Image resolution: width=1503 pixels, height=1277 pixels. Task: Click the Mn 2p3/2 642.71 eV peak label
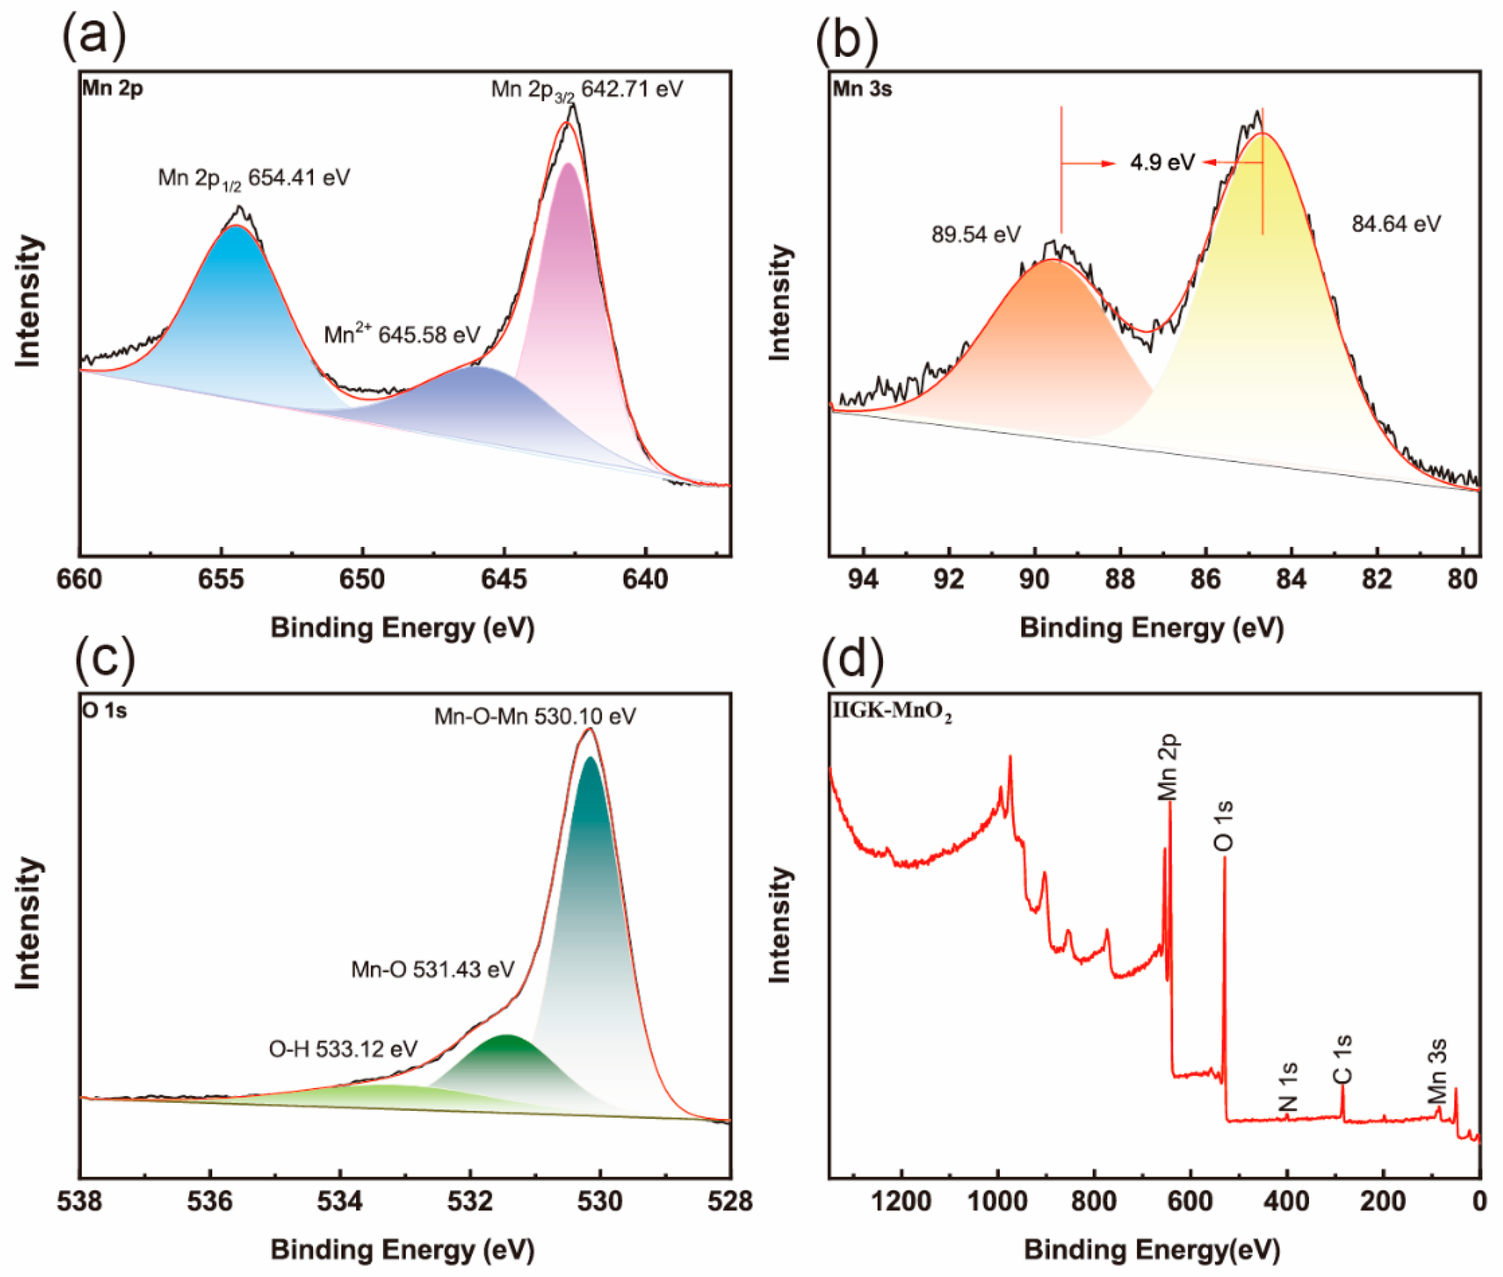pos(587,90)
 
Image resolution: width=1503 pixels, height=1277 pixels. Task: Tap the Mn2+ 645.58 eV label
pos(402,335)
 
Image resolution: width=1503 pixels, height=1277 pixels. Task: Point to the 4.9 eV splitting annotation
pos(1162,162)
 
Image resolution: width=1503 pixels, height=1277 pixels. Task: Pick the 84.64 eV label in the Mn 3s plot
pos(1396,224)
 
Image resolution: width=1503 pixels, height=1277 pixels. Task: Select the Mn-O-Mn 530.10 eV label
pos(534,716)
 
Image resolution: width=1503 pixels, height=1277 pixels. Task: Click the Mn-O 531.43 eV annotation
pos(433,969)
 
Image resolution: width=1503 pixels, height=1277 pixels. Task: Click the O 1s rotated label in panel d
pos(1223,825)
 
